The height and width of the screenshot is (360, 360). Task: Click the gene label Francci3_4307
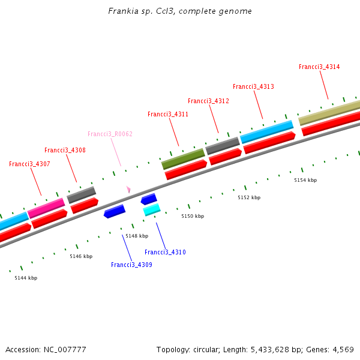pyautogui.click(x=29, y=164)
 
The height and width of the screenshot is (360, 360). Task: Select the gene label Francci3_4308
pyautogui.click(x=65, y=150)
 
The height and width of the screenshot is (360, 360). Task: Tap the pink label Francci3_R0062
pyautogui.click(x=110, y=134)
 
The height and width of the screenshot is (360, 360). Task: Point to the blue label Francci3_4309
pyautogui.click(x=131, y=265)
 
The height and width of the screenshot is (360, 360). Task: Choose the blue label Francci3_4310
pyautogui.click(x=165, y=252)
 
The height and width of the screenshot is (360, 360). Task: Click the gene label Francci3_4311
pyautogui.click(x=168, y=114)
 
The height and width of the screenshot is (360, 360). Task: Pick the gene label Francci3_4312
pyautogui.click(x=208, y=101)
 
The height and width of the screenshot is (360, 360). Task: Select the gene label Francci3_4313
pyautogui.click(x=253, y=86)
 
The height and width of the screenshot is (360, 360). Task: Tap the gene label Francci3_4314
pyautogui.click(x=319, y=67)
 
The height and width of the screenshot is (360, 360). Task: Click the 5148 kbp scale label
pyautogui.click(x=136, y=236)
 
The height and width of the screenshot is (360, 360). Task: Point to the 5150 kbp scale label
pyautogui.click(x=193, y=216)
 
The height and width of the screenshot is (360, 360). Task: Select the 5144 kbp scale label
pyautogui.click(x=26, y=278)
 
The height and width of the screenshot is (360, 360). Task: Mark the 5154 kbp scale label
pyautogui.click(x=305, y=180)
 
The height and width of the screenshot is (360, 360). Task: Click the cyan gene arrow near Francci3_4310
pyautogui.click(x=152, y=209)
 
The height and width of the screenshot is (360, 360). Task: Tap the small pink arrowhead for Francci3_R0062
pyautogui.click(x=128, y=189)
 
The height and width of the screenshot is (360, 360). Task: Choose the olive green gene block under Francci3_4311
pyautogui.click(x=183, y=159)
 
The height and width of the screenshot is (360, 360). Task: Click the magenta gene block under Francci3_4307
pyautogui.click(x=46, y=208)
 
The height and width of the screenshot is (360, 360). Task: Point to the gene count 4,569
pyautogui.click(x=342, y=349)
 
